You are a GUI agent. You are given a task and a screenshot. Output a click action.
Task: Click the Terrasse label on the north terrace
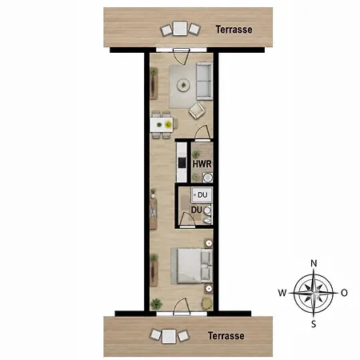[234, 30]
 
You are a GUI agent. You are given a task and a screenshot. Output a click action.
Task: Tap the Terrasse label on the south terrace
[226, 336]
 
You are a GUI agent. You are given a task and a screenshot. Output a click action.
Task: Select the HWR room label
[202, 164]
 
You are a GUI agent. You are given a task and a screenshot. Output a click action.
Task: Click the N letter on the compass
[314, 263]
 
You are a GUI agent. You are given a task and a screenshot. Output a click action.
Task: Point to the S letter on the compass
[314, 324]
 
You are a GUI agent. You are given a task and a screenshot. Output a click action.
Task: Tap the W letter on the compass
[282, 293]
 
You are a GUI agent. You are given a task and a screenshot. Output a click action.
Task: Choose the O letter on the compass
[344, 293]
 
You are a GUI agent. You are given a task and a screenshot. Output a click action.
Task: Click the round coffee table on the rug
[183, 85]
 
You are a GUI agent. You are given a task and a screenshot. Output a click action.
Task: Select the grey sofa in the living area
[204, 81]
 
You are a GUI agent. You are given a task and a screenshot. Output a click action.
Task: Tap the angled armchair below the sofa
[197, 110]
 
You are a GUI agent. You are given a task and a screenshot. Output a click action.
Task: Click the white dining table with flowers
[162, 125]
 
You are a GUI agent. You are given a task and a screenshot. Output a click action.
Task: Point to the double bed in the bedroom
[191, 266]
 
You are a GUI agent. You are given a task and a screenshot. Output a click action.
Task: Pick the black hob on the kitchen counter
[182, 162]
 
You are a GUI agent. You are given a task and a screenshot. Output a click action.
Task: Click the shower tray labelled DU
[202, 195]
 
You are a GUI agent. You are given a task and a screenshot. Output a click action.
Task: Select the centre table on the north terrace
[180, 28]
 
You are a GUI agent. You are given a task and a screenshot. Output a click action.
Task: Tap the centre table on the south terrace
[169, 336]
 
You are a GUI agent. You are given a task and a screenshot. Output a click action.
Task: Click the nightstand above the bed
[209, 243]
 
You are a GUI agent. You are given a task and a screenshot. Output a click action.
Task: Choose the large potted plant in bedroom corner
[156, 303]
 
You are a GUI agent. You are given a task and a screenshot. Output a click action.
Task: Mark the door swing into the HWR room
[202, 133]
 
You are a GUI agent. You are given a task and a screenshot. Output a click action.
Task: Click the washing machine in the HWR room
[208, 178]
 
